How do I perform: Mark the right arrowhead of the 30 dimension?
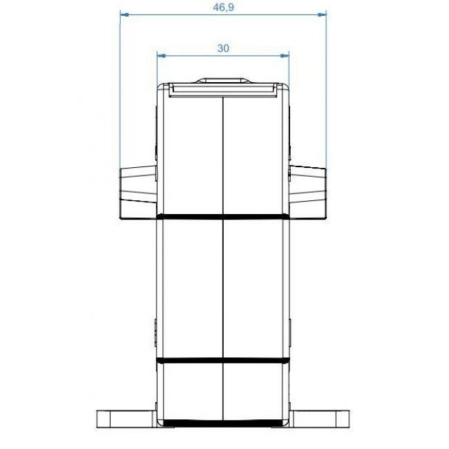[285, 55]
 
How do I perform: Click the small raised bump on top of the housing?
[222, 81]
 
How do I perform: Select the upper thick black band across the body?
[222, 218]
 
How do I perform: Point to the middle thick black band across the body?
[222, 361]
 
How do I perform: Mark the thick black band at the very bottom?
[222, 423]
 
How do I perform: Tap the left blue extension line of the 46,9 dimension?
[120, 90]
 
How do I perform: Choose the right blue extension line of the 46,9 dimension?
[326, 90]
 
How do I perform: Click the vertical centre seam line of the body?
[222, 290]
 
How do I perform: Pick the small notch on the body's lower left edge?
[156, 332]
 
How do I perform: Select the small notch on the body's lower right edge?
[290, 332]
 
